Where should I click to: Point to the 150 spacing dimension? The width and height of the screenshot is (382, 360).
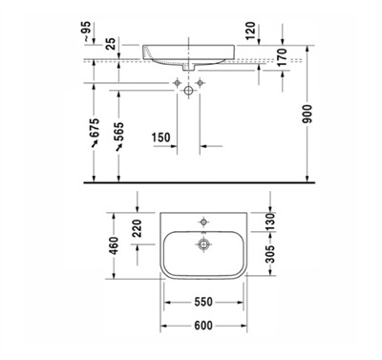tap(164, 138)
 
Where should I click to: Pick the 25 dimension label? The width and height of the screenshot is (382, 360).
tap(111, 44)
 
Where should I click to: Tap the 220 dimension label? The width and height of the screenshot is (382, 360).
tap(137, 230)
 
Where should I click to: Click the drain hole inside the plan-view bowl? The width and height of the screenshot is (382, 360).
tap(202, 244)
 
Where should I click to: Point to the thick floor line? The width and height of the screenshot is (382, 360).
tap(191, 180)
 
